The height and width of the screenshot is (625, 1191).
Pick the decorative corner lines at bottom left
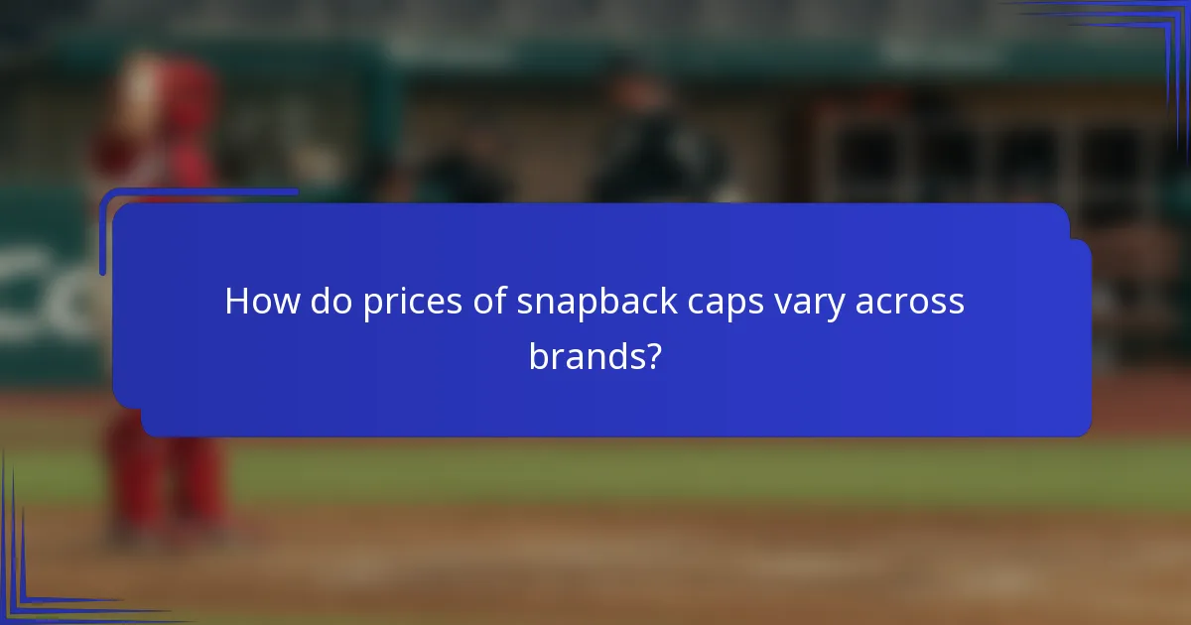(30, 585)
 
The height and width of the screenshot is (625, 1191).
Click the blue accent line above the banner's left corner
(198, 191)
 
